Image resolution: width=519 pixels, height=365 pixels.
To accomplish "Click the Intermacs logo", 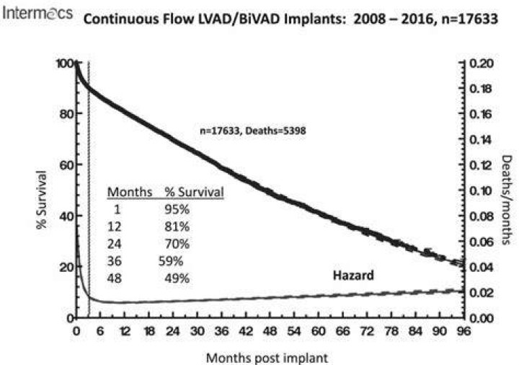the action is (37, 12).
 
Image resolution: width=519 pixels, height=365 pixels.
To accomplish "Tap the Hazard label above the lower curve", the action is (353, 276).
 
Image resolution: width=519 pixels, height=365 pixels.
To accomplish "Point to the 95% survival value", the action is (177, 209).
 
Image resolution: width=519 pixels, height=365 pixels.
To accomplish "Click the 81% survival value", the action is (177, 227).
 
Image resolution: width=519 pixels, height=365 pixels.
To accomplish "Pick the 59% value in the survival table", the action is (171, 261).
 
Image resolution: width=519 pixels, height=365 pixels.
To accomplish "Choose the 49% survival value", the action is (177, 278).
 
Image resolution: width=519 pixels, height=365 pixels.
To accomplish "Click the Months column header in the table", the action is (130, 192).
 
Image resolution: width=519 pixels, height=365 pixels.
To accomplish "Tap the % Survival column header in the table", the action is (195, 192).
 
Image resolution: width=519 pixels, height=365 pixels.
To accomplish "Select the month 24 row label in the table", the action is (114, 244).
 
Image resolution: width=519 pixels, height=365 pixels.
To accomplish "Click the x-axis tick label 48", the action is (270, 331).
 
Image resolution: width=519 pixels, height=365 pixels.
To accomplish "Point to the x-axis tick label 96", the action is (463, 331).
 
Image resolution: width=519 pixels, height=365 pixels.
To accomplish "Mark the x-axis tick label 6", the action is (100, 331).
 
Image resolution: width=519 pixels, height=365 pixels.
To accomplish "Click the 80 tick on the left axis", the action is (66, 114).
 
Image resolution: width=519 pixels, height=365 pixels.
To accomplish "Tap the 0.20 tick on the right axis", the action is (482, 63).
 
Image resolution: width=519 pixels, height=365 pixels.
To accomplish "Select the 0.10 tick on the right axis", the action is (482, 190).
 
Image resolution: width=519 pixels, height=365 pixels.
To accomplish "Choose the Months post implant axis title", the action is (267, 358).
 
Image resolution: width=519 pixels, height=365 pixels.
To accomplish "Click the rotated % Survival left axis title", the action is (41, 200).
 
